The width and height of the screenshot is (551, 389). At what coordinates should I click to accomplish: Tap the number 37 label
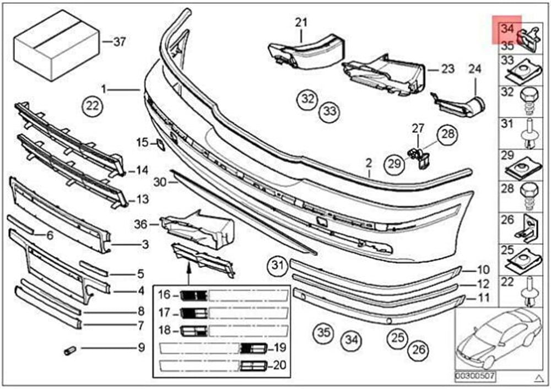(120, 41)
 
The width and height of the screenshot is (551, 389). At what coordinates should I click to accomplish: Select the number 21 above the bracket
(300, 23)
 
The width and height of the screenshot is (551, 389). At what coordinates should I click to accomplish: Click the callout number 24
(474, 69)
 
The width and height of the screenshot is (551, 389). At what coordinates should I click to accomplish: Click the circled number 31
(278, 267)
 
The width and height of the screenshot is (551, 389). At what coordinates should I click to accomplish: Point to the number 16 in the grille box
(165, 295)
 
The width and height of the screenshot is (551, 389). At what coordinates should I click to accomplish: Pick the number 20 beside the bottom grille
(280, 364)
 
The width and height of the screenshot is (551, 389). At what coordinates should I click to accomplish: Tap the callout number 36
(142, 224)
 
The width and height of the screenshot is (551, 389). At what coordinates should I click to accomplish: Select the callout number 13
(142, 199)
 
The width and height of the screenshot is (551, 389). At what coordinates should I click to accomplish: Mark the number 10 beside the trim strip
(483, 270)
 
